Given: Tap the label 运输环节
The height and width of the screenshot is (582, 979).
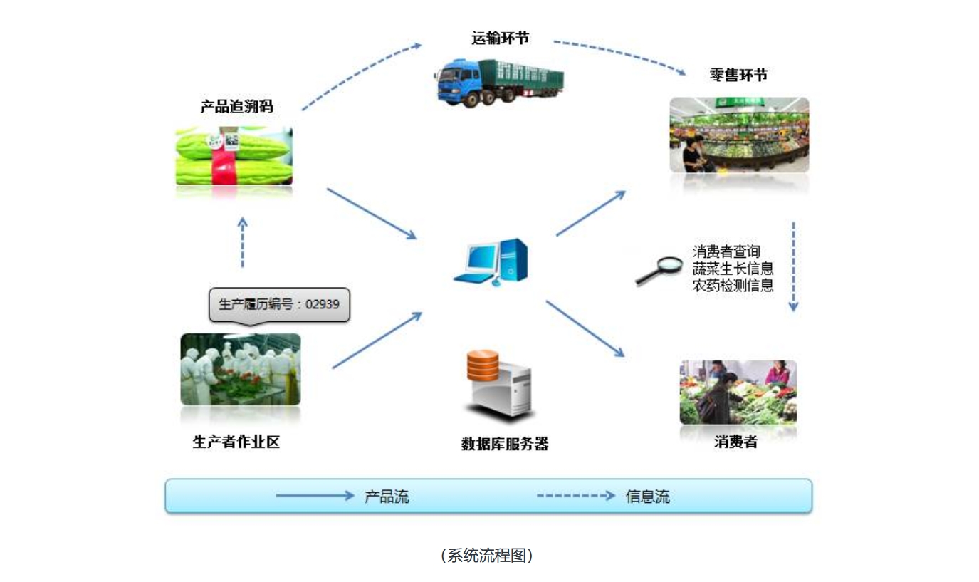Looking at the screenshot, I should click(500, 38).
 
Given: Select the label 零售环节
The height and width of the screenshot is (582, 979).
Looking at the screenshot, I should click(738, 75).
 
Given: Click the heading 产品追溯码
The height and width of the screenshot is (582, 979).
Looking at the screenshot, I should click(236, 107).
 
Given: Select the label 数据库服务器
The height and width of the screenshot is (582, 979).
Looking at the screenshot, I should click(505, 444).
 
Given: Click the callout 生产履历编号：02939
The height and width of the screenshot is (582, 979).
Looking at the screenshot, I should click(279, 305).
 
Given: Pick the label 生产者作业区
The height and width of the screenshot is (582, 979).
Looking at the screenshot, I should click(236, 442).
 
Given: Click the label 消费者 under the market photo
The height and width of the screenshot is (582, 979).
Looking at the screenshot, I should click(735, 442).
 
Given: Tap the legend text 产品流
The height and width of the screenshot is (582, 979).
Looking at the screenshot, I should click(387, 497).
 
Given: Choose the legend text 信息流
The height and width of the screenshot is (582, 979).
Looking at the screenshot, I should click(648, 497).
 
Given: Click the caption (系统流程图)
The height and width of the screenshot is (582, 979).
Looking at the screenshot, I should click(487, 556).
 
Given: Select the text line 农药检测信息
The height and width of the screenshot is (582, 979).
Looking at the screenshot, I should click(733, 286).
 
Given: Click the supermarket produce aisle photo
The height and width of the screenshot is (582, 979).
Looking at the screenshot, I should click(739, 135).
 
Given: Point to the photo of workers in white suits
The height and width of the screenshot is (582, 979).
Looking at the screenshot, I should click(241, 369).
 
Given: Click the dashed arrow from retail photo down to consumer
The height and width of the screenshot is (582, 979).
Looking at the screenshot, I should click(793, 266).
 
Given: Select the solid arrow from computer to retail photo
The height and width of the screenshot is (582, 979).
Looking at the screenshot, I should click(590, 213).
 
